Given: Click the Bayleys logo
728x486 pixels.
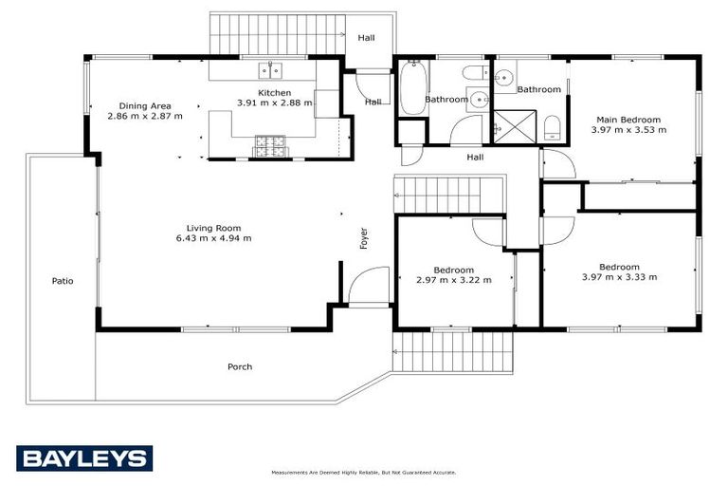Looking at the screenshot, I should click(83, 458).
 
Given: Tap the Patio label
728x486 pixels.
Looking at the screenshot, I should click(63, 281).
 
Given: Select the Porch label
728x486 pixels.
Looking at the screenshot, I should click(240, 366).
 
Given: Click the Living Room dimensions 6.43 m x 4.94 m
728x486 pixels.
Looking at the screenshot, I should click(213, 238).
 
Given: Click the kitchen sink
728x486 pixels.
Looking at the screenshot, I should click(268, 70).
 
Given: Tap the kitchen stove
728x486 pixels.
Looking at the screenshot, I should click(267, 146).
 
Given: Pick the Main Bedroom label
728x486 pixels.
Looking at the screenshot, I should click(628, 120).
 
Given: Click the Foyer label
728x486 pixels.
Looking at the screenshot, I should click(363, 238).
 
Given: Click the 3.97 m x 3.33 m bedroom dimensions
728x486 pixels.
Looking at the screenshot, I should click(619, 277).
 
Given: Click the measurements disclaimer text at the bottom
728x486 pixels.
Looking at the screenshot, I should click(363, 472).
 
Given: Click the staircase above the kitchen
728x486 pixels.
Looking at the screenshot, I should click(276, 36).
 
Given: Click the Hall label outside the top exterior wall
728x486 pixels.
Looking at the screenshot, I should click(366, 38).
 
